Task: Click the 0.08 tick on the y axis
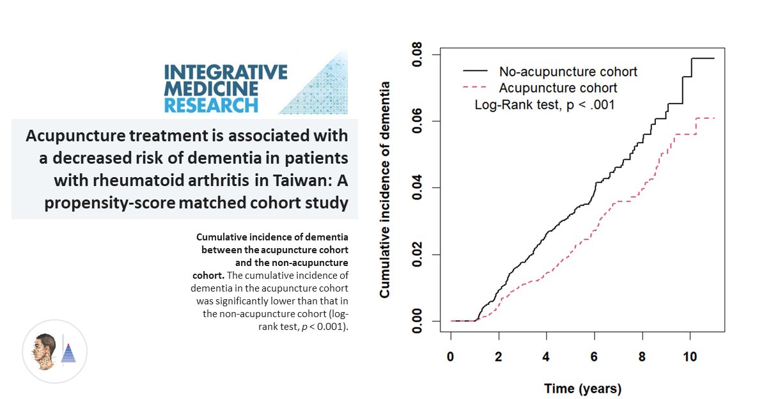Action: click(417, 55)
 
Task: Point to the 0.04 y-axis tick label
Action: click(417, 188)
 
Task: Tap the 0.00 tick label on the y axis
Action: click(417, 320)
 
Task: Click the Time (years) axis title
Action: click(582, 388)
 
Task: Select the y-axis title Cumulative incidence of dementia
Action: click(385, 189)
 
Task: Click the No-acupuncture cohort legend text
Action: click(568, 72)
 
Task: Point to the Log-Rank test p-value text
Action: click(544, 104)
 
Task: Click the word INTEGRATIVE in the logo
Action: click(226, 72)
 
